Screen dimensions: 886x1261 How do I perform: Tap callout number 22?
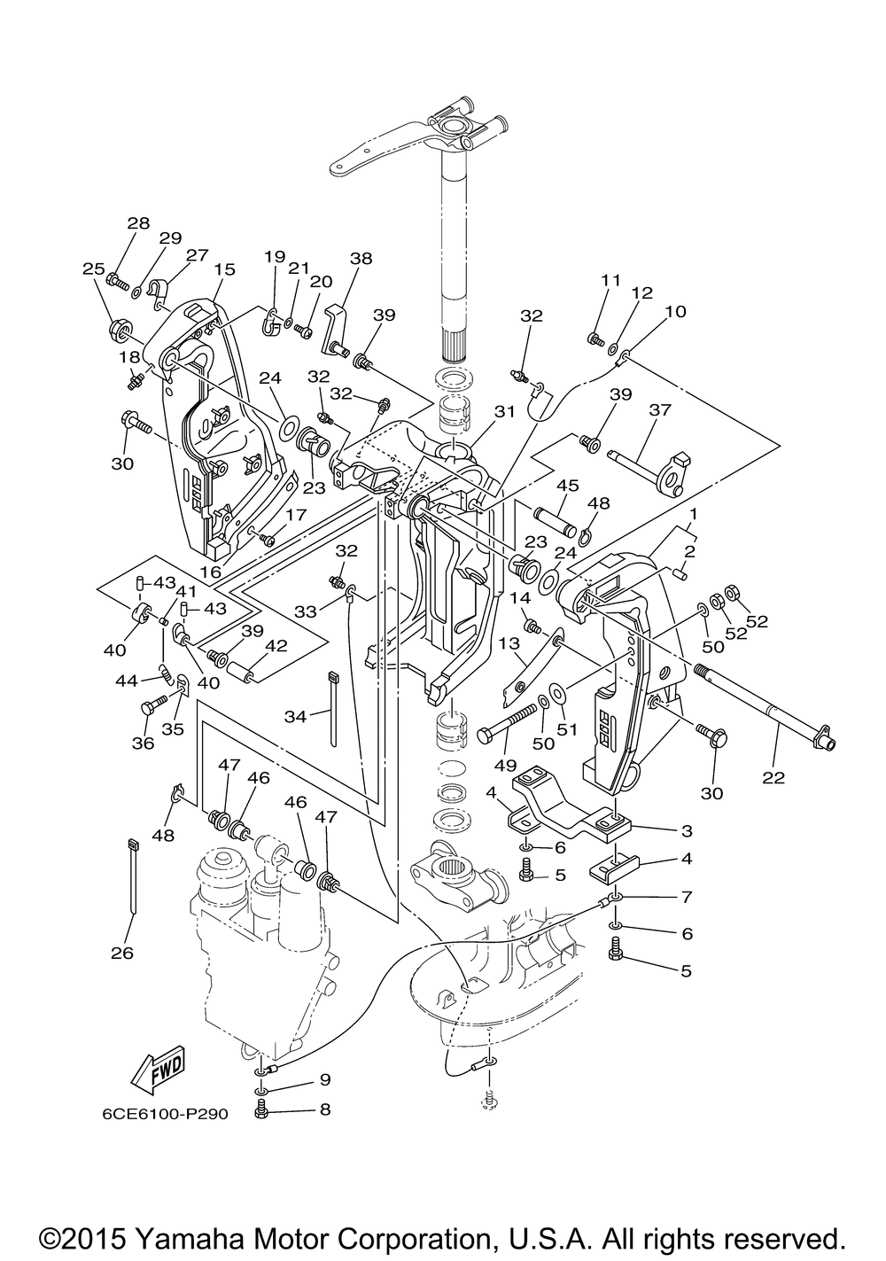[773, 777]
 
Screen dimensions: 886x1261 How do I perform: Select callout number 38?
[361, 259]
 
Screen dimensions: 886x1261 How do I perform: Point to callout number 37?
[660, 409]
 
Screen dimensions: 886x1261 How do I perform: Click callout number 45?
[567, 486]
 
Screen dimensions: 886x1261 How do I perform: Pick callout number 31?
[504, 411]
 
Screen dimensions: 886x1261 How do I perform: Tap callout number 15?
[224, 269]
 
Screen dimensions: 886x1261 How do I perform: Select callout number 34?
[295, 717]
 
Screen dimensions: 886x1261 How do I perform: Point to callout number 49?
[505, 765]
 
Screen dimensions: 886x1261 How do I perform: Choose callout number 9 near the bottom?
[325, 1079]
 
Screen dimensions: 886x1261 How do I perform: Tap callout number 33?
[306, 611]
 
